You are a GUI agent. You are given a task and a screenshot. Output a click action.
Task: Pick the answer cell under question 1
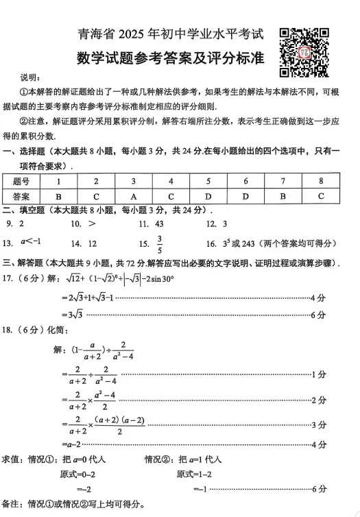(58, 195)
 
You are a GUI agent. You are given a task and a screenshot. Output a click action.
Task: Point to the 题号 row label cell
(21, 181)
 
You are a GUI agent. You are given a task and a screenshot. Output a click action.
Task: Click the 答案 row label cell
(21, 195)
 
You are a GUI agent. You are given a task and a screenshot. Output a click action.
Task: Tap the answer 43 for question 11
(159, 224)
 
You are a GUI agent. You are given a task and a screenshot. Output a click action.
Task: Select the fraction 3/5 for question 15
(160, 243)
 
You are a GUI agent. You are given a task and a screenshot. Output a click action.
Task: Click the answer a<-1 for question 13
(31, 242)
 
